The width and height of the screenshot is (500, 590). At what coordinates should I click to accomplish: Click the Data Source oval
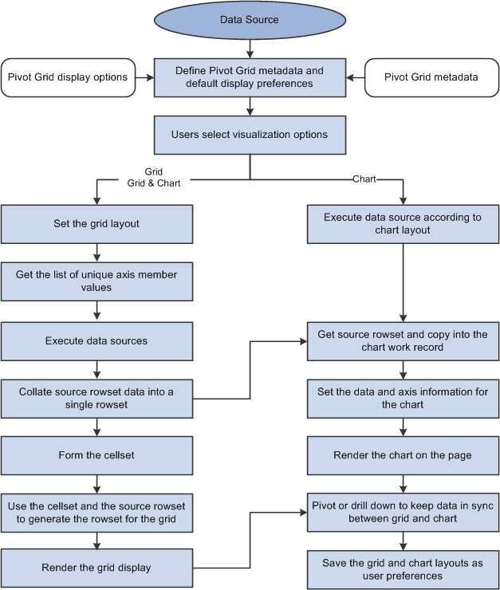[x=250, y=19]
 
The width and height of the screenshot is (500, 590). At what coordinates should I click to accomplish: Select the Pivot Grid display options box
[x=68, y=77]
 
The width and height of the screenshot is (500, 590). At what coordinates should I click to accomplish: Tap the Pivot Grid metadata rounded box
[x=431, y=77]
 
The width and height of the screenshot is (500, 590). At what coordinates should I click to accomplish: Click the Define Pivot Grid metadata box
[x=250, y=77]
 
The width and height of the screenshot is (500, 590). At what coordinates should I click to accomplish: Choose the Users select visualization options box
[x=250, y=135]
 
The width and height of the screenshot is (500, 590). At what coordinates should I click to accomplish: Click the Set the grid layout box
[x=96, y=224]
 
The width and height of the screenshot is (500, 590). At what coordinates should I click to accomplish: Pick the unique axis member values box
[x=96, y=281]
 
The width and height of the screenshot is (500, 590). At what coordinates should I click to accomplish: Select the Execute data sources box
[x=96, y=340]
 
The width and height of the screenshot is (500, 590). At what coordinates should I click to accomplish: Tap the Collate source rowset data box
[x=96, y=399]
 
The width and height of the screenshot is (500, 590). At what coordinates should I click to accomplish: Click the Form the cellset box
[x=96, y=455]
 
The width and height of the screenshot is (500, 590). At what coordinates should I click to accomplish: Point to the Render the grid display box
[x=96, y=568]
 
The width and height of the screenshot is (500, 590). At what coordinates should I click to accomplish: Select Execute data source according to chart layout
[x=403, y=224]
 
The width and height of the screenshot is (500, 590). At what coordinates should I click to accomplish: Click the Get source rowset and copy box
[x=403, y=340]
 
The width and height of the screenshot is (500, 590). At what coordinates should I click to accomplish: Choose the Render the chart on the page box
[x=403, y=455]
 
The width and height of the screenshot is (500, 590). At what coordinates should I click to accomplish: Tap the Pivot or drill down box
[x=403, y=513]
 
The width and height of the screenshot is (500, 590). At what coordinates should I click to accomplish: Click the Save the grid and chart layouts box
[x=403, y=569]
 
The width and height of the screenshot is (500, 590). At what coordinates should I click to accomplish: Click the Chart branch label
[x=364, y=179]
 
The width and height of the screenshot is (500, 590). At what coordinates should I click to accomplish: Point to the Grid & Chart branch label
[x=154, y=183]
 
